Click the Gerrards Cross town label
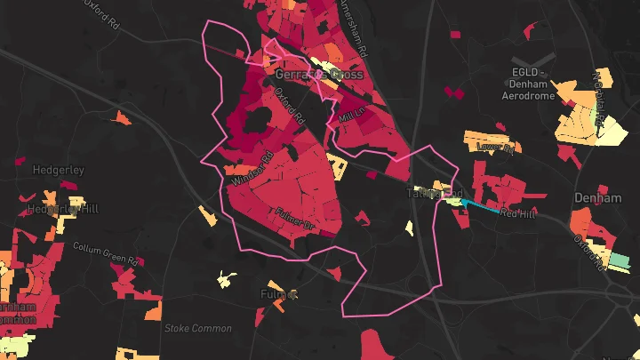point(319,75)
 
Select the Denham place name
point(598,197)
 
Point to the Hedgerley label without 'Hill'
point(58,169)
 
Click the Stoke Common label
point(197,328)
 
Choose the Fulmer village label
point(278,292)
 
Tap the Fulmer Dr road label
point(297,218)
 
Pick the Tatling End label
point(435,193)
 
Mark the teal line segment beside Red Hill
point(480,207)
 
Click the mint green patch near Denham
point(618,262)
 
